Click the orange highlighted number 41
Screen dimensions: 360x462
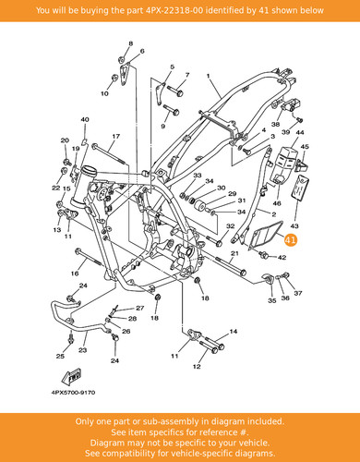[x=290, y=240]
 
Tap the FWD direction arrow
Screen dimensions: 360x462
[x=71, y=376]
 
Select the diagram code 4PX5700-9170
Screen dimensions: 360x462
[x=73, y=393]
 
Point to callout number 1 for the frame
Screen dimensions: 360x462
[x=208, y=76]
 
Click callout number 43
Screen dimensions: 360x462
[x=294, y=226]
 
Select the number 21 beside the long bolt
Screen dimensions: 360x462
[x=234, y=253]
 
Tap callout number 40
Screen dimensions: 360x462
[x=85, y=119]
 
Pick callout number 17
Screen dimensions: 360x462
[x=115, y=136]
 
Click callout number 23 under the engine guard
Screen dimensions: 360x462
[x=82, y=350]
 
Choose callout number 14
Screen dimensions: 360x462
[x=234, y=332]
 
